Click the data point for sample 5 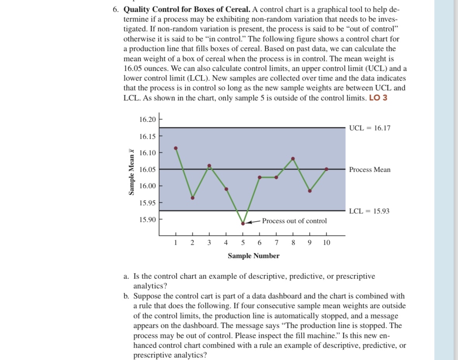point(243,223)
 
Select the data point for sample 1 point(176,148)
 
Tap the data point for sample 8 point(293,158)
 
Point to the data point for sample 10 point(326,169)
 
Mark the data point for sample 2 point(193,198)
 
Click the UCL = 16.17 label point(370,128)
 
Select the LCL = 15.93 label point(369,211)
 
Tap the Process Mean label point(369,170)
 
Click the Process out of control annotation point(294,221)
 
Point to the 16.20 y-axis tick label point(147,119)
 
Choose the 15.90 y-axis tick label point(147,220)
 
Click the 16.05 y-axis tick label point(147,170)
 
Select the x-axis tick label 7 point(276,243)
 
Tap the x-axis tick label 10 point(326,243)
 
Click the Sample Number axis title point(253,256)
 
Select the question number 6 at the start point(116,10)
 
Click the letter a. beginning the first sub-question point(126,277)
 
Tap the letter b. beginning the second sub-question point(126,296)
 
